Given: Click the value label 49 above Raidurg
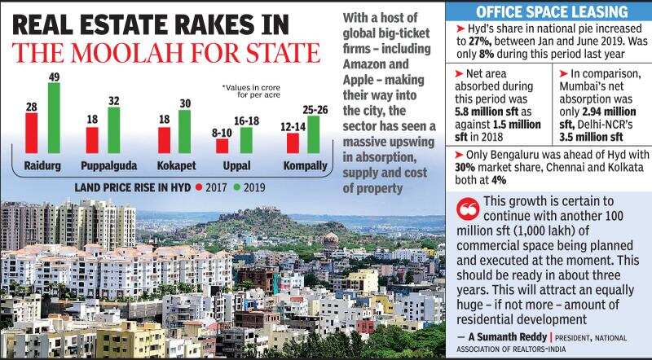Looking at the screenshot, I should click(x=54, y=77).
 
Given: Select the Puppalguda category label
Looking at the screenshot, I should click(x=103, y=165).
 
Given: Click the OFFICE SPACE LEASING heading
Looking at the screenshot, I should click(x=540, y=11).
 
